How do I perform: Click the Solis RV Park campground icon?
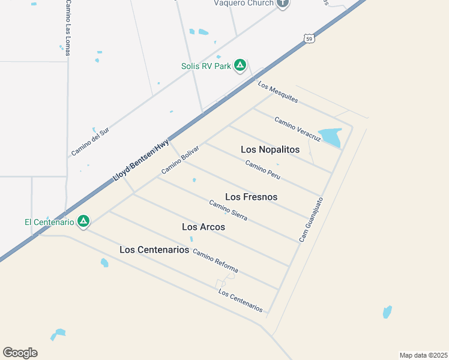240,65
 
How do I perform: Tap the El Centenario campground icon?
83,221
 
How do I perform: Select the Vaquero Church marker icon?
283,3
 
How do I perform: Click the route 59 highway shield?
309,39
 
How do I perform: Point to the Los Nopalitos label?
270,149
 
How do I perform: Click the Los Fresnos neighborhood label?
251,197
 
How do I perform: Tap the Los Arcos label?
203,227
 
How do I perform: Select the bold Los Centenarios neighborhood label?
154,250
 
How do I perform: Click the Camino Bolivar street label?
179,160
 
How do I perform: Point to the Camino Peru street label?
263,170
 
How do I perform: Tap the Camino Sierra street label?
228,210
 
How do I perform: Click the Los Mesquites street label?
278,92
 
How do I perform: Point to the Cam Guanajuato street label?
311,220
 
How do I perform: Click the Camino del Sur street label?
90,142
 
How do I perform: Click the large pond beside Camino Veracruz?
330,136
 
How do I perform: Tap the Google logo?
20,353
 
